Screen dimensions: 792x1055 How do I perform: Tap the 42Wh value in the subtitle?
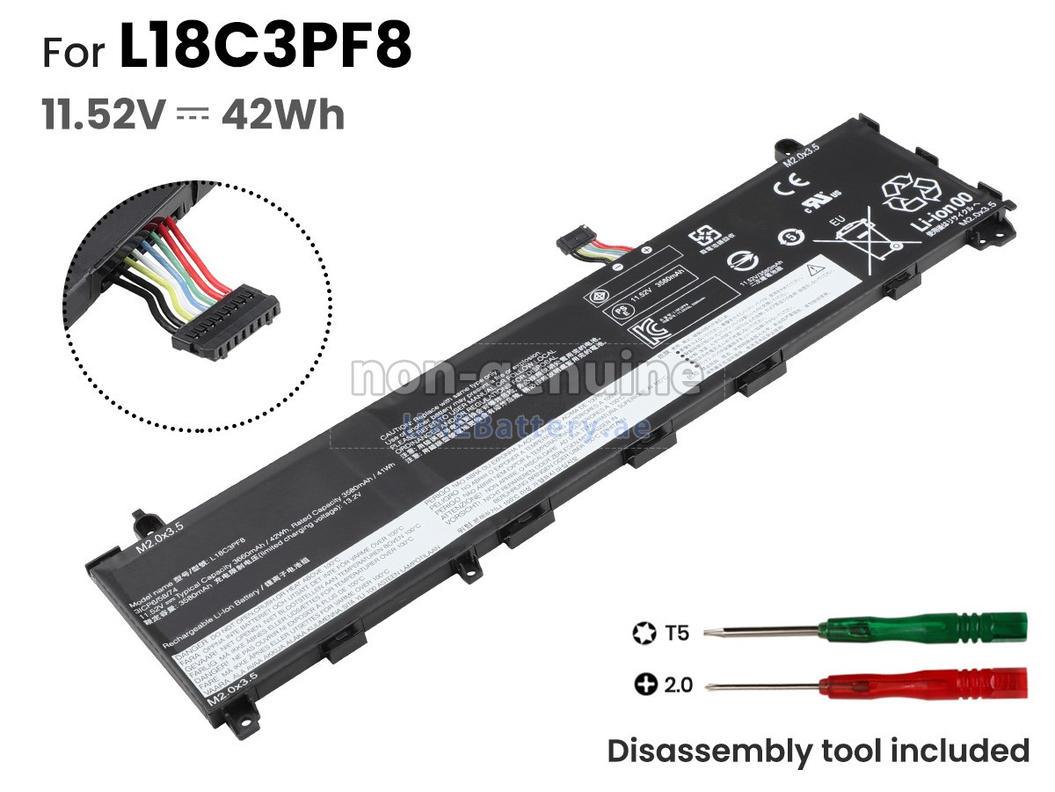click(x=283, y=115)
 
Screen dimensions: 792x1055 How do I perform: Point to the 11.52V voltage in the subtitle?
click(x=104, y=115)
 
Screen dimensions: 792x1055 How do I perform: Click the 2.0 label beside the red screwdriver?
click(x=678, y=684)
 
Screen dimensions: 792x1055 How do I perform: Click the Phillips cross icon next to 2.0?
click(x=644, y=684)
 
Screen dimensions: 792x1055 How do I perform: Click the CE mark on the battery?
click(x=784, y=187)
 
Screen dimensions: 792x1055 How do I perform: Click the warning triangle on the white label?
click(x=815, y=265)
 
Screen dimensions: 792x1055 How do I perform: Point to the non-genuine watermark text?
click(x=525, y=376)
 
